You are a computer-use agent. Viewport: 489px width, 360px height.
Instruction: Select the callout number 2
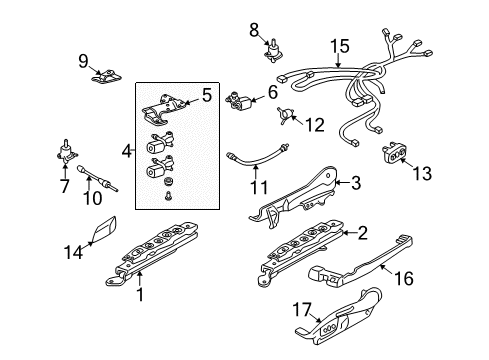(363, 233)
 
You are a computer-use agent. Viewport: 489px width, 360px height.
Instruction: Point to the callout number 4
(124, 152)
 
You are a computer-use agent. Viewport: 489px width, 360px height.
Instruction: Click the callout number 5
(206, 96)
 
